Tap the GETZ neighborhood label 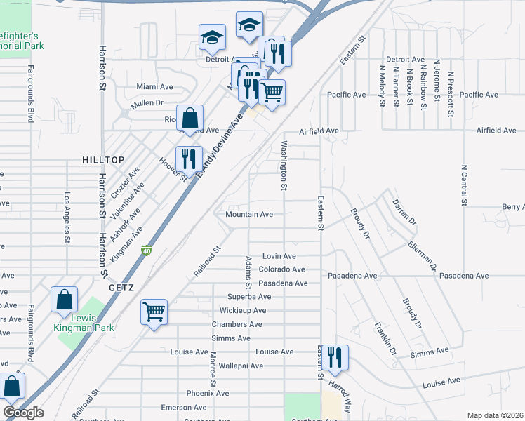pyautogui.click(x=121, y=288)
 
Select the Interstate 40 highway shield pyautogui.click(x=147, y=250)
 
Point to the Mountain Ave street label pyautogui.click(x=249, y=214)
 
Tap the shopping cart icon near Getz pyautogui.click(x=154, y=312)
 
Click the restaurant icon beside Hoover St pyautogui.click(x=188, y=159)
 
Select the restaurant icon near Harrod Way pyautogui.click(x=334, y=357)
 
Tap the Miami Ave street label pyautogui.click(x=154, y=87)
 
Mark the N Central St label pyautogui.click(x=464, y=186)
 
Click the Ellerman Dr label pyautogui.click(x=422, y=257)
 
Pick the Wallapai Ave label pyautogui.click(x=241, y=366)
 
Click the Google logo pyautogui.click(x=23, y=413)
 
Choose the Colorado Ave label pyautogui.click(x=281, y=269)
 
